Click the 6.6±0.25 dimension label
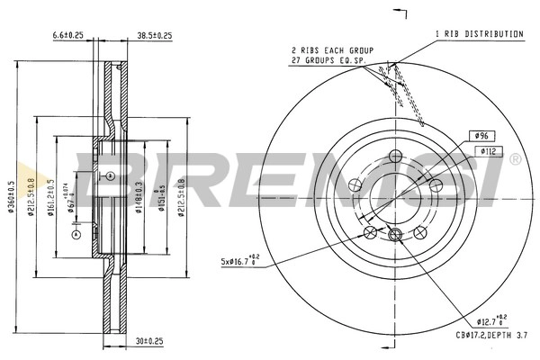67,35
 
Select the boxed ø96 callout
481,135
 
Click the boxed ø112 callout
487,151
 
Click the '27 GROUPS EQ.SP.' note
328,60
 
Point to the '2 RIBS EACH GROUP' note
330,49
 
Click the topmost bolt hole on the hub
394,157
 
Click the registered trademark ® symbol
514,159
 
